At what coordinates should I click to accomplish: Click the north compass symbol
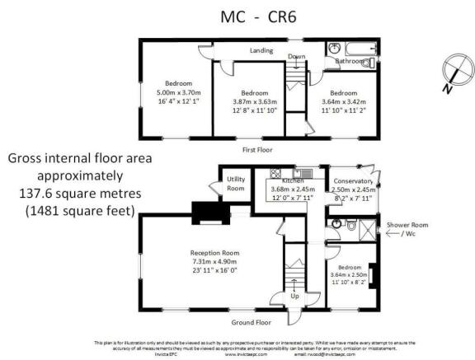tap(449, 70)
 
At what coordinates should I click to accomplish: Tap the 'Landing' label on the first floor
tap(262, 50)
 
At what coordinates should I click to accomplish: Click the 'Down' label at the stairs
tap(297, 56)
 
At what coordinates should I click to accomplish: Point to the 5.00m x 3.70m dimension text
tap(177, 92)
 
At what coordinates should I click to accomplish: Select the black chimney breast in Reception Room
tap(202, 213)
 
